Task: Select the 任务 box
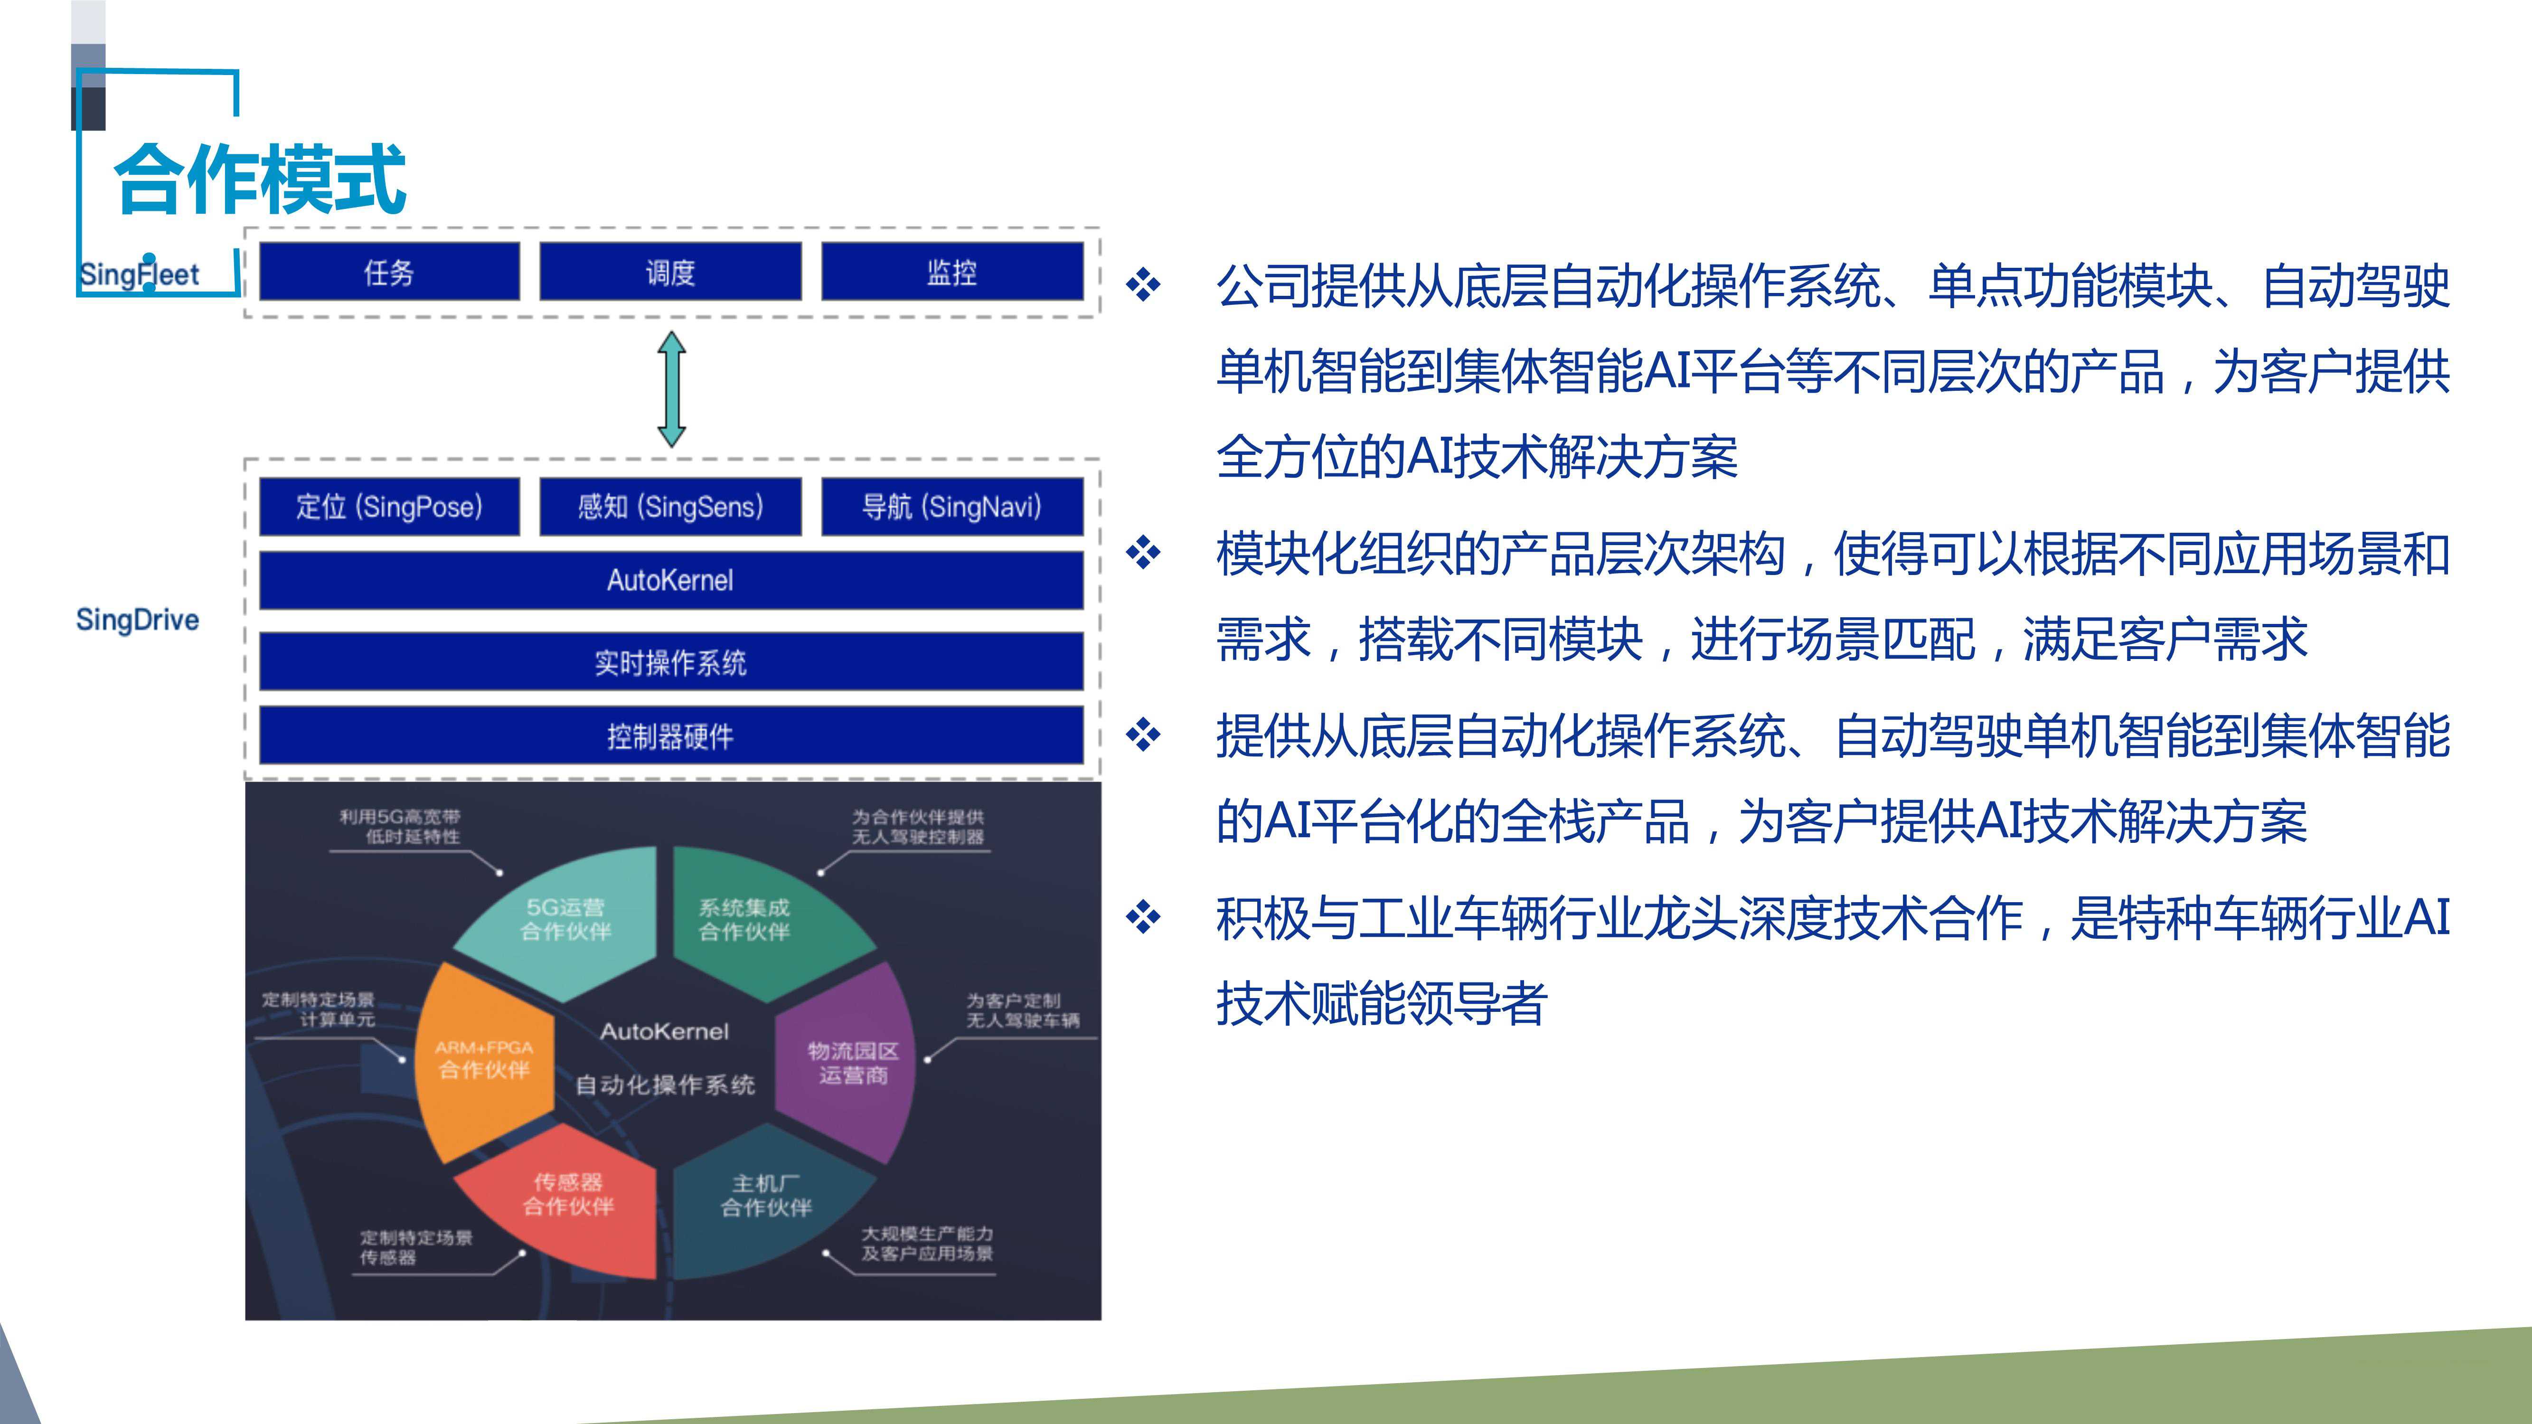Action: click(x=389, y=272)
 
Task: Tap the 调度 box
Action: click(x=670, y=272)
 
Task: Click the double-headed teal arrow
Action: click(x=671, y=389)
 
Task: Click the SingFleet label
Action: click(x=139, y=274)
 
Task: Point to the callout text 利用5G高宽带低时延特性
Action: click(x=400, y=827)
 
